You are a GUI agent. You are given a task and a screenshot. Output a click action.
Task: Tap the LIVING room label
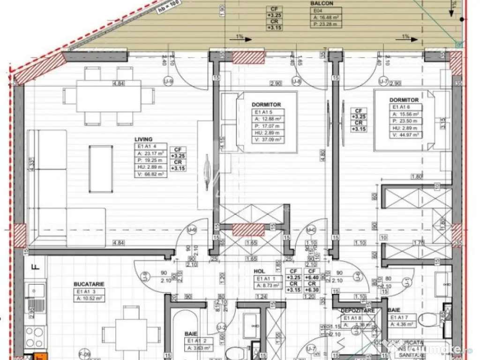(x=143, y=139)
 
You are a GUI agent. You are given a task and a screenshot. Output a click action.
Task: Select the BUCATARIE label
(x=89, y=284)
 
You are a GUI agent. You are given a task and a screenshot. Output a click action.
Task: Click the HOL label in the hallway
(x=260, y=271)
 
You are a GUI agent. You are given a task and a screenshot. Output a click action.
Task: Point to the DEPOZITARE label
(x=358, y=310)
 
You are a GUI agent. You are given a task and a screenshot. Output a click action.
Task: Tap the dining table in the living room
(x=108, y=95)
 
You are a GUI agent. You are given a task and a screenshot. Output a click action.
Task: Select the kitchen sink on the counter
(x=36, y=291)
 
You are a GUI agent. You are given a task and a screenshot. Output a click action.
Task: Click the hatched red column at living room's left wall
(x=19, y=235)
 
